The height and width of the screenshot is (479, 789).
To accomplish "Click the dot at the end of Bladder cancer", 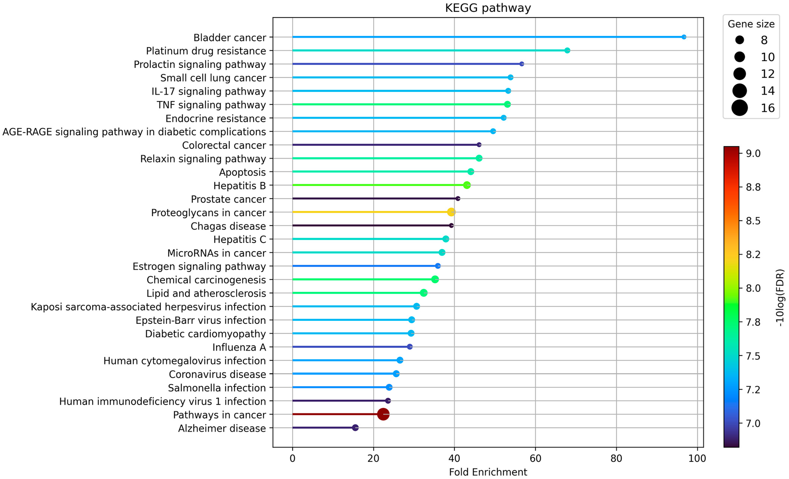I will (684, 37).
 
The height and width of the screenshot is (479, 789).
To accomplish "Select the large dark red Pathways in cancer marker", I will (383, 414).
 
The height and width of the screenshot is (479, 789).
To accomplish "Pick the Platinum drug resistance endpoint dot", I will (567, 51).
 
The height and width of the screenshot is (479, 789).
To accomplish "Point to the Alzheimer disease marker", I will (355, 428).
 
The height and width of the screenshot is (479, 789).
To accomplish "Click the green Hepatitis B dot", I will (467, 185).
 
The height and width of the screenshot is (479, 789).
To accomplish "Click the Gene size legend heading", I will (751, 24).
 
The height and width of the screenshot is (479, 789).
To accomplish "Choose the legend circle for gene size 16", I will (739, 108).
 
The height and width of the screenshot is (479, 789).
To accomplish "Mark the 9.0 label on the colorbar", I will (753, 154).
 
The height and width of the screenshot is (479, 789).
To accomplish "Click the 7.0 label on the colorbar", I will (753, 423).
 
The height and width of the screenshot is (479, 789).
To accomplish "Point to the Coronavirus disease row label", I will (217, 374).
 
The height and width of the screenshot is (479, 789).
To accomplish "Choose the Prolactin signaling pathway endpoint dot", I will (522, 64).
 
